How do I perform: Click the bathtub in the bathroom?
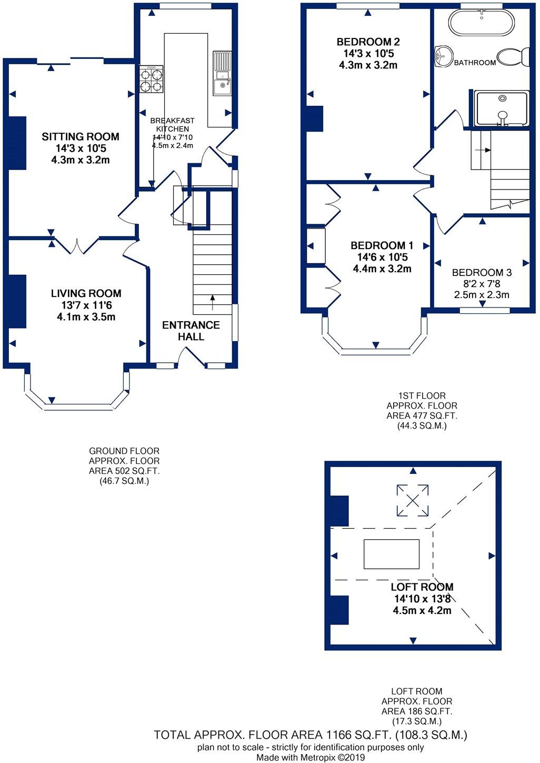click(x=481, y=23)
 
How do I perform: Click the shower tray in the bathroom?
click(x=501, y=108)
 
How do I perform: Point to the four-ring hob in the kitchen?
click(x=151, y=80)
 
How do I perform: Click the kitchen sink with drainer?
click(x=222, y=74)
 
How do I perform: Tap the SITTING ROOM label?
click(x=81, y=137)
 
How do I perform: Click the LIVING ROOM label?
click(x=86, y=294)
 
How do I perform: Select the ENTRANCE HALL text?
click(x=191, y=331)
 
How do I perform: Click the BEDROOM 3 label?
click(x=482, y=273)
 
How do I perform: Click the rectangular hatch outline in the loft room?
click(x=392, y=554)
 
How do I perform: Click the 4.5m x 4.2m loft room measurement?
click(x=422, y=611)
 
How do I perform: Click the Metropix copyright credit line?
click(x=311, y=758)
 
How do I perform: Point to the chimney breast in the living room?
click(x=17, y=301)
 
